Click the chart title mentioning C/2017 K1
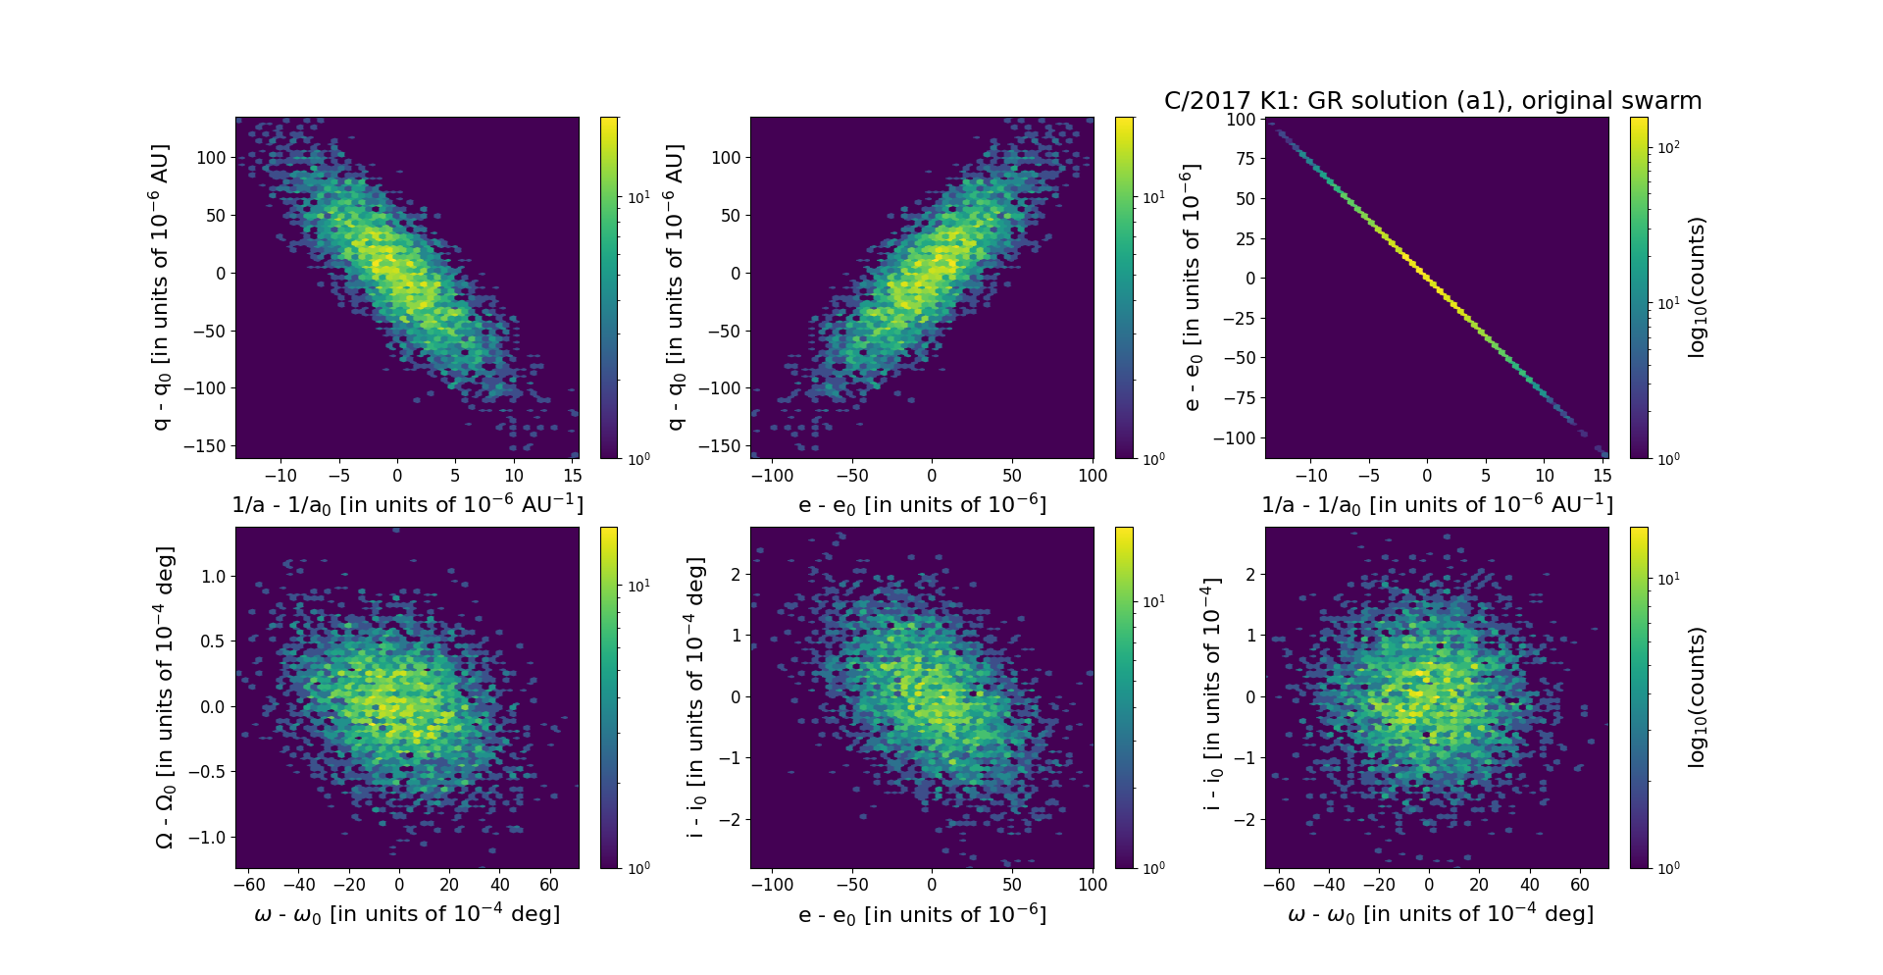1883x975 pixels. click(x=1432, y=101)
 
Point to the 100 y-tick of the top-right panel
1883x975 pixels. click(x=1241, y=120)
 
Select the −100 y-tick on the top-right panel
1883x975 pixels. click(x=1235, y=437)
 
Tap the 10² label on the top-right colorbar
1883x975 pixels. click(x=1668, y=147)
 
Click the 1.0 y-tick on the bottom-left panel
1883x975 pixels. click(x=213, y=576)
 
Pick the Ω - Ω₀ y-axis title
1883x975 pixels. click(x=165, y=697)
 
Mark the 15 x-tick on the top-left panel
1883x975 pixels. click(x=573, y=476)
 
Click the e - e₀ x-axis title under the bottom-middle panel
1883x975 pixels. click(x=922, y=915)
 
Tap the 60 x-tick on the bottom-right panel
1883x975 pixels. click(x=1579, y=885)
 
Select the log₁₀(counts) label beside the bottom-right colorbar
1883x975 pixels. click(x=1698, y=697)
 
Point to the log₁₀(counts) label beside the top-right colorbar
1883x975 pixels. click(x=1698, y=287)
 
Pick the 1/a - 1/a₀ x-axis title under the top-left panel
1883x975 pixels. click(x=407, y=505)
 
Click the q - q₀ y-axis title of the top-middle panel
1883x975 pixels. click(x=675, y=287)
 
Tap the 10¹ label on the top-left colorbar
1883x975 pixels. click(x=638, y=197)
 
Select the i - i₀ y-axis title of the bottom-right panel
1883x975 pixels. click(x=1213, y=693)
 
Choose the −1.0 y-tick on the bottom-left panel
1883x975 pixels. click(x=207, y=837)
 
